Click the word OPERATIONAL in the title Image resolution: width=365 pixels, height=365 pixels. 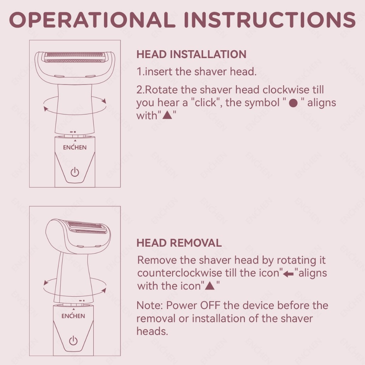92,20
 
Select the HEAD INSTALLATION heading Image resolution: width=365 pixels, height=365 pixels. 191,55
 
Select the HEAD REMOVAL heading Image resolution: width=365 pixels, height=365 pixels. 179,243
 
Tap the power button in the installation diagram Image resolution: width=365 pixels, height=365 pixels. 75,172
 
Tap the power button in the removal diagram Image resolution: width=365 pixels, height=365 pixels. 73,341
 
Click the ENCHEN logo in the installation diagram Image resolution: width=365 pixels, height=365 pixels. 75,147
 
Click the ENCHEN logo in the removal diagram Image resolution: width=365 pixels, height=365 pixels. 73,316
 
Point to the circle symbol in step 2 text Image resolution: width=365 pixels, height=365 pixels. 293,103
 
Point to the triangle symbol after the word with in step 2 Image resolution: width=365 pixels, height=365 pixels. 167,115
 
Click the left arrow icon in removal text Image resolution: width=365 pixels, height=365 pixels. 289,274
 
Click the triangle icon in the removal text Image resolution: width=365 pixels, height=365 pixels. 210,286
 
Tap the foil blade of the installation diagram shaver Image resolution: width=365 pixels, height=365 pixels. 75,57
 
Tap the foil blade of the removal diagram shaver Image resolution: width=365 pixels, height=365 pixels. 86,227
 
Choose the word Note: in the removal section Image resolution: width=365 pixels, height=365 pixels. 149,305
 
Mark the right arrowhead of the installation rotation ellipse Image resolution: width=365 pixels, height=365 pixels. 104,101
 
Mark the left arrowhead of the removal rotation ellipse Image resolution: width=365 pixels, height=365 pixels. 46,283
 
